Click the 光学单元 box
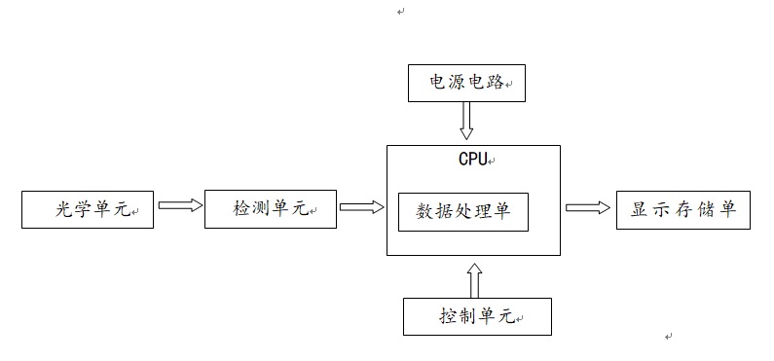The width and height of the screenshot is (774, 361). coord(88,209)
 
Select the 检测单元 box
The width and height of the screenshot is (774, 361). coord(270,208)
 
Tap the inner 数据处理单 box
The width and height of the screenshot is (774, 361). coord(463,211)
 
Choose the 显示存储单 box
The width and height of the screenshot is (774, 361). coord(683,209)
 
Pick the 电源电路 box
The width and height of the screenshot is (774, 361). coord(465,83)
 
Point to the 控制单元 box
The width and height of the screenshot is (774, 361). coord(477,317)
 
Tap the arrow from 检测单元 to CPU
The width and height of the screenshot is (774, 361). coord(361,206)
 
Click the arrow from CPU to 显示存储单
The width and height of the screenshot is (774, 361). coord(588,206)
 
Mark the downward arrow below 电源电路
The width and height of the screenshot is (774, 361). coord(465,121)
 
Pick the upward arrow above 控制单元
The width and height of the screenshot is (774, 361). coord(474,279)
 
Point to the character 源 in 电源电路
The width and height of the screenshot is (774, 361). coord(452,83)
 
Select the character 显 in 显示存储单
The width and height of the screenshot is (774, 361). coord(640,209)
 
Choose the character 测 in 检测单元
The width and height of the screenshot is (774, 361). coord(260,209)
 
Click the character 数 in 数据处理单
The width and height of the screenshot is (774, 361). coord(425,211)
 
